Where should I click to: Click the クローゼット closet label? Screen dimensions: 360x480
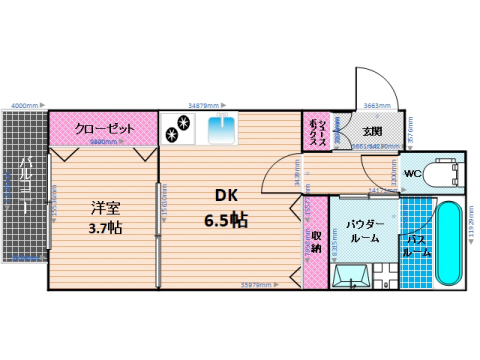coord(103,129)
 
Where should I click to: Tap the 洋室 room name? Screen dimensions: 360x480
coord(101,208)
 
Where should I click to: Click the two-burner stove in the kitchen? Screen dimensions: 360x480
coord(181,126)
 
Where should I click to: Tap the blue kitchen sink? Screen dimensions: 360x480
coord(221,128)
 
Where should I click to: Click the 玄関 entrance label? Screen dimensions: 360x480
coord(371,130)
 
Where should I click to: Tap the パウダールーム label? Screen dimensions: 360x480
coord(355,231)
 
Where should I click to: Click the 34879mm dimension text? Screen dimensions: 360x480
coord(207,104)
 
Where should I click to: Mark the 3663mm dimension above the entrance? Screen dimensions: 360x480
coord(377,104)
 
